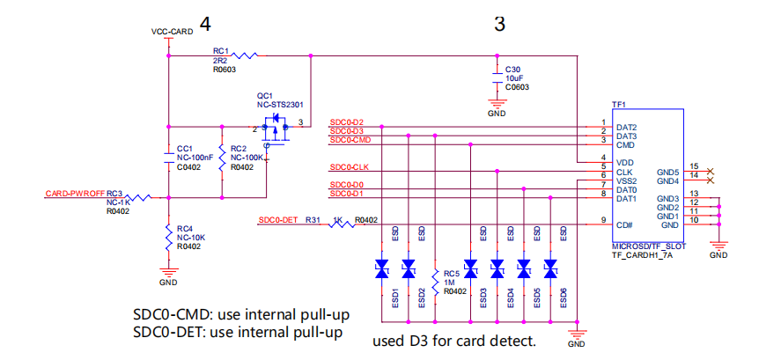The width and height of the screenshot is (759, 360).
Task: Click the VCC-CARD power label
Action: click(x=172, y=32)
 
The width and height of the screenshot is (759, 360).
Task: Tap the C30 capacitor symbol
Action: click(x=497, y=78)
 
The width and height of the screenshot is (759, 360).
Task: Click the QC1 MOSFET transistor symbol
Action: click(x=277, y=127)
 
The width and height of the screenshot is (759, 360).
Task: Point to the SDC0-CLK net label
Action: click(x=350, y=166)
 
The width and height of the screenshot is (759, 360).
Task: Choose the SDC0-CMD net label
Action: click(x=350, y=140)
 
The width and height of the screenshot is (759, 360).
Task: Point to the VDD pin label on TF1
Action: click(x=626, y=162)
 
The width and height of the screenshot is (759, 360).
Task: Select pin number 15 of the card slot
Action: click(x=695, y=166)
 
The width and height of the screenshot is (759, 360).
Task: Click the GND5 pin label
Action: click(x=667, y=172)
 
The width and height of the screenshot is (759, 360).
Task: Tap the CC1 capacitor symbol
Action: click(x=169, y=158)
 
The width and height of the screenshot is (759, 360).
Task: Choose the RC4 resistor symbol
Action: click(x=168, y=235)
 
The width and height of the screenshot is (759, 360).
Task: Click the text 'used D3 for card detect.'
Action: click(x=454, y=341)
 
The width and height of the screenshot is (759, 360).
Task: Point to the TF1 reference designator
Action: click(x=619, y=105)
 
